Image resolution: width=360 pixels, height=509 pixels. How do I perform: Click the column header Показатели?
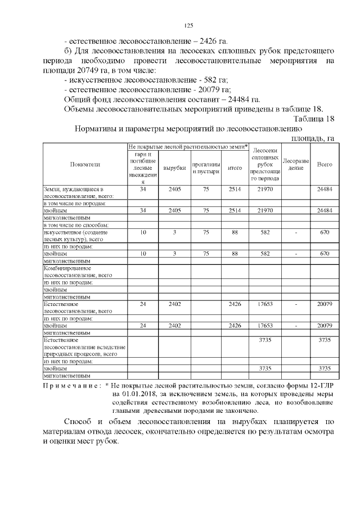85,164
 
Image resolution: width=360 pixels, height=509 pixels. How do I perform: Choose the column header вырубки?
175,168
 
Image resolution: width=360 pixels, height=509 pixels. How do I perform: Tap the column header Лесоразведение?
296,164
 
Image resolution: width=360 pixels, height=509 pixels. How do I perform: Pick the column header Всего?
325,164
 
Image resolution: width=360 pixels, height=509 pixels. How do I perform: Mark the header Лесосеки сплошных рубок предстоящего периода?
265,164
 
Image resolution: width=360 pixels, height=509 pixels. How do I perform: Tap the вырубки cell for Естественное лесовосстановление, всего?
175,304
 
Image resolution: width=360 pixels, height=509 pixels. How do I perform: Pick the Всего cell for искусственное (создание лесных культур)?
325,232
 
